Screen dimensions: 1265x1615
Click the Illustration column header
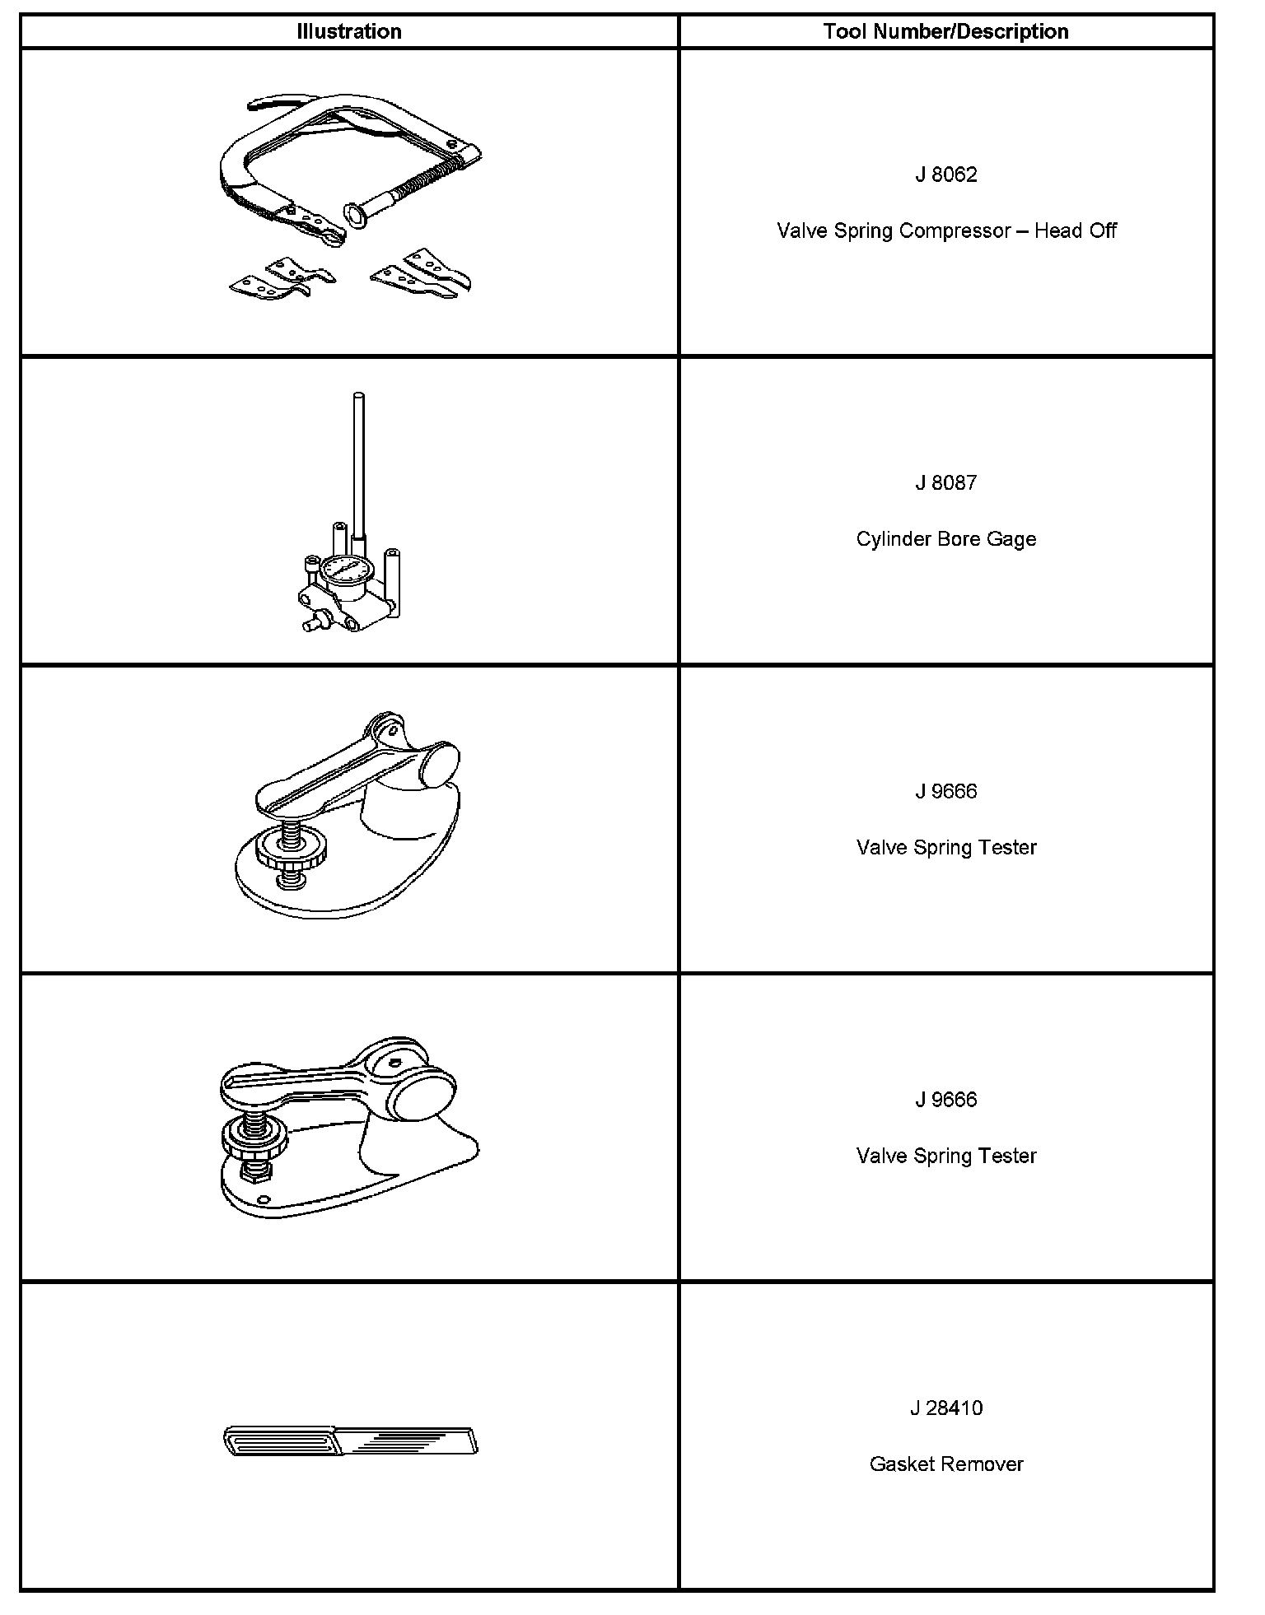(349, 31)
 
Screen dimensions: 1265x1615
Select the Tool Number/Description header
(945, 31)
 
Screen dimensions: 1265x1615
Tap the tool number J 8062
(945, 175)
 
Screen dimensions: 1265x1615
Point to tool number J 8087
(945, 482)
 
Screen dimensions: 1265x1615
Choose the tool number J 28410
(945, 1408)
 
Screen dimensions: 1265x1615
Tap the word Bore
(957, 539)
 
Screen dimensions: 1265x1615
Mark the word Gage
(1013, 539)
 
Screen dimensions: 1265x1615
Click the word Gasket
(899, 1464)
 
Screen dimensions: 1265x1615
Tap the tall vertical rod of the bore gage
(357, 465)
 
